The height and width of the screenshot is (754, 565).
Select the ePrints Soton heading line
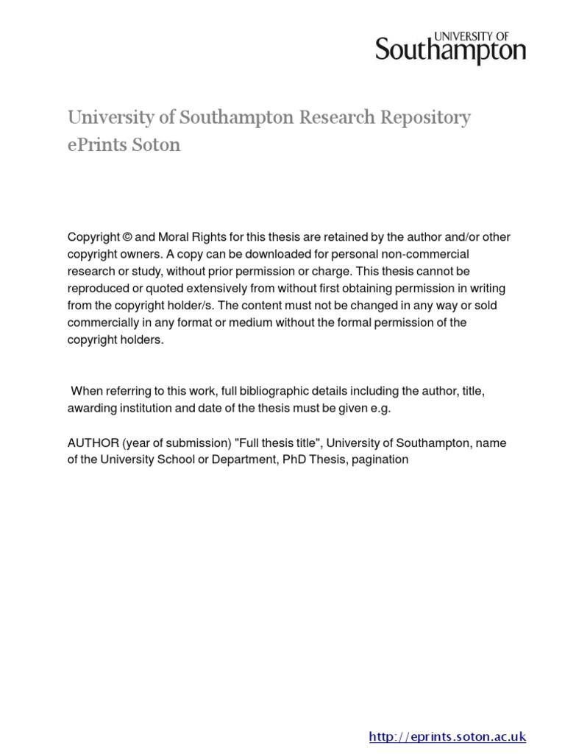tap(124, 144)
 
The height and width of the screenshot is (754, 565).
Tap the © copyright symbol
tap(127, 237)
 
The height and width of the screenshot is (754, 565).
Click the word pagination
tap(380, 459)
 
